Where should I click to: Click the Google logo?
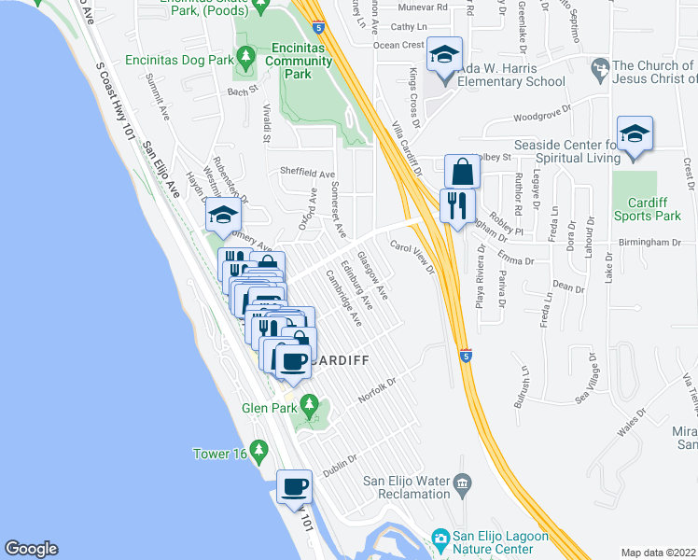coord(31,549)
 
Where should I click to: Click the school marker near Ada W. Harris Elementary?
coord(445,56)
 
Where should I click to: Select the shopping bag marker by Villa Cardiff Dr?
coord(462,172)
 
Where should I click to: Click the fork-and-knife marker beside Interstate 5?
coord(457,205)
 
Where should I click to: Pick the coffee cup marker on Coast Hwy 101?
coord(295,487)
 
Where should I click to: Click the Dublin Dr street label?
coord(342,465)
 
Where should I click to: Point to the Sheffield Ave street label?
coord(307,174)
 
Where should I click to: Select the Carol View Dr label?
coord(412,258)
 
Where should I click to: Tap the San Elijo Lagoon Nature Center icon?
coord(440,538)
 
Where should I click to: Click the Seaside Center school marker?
coord(635,133)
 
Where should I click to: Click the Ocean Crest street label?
coord(398,45)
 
